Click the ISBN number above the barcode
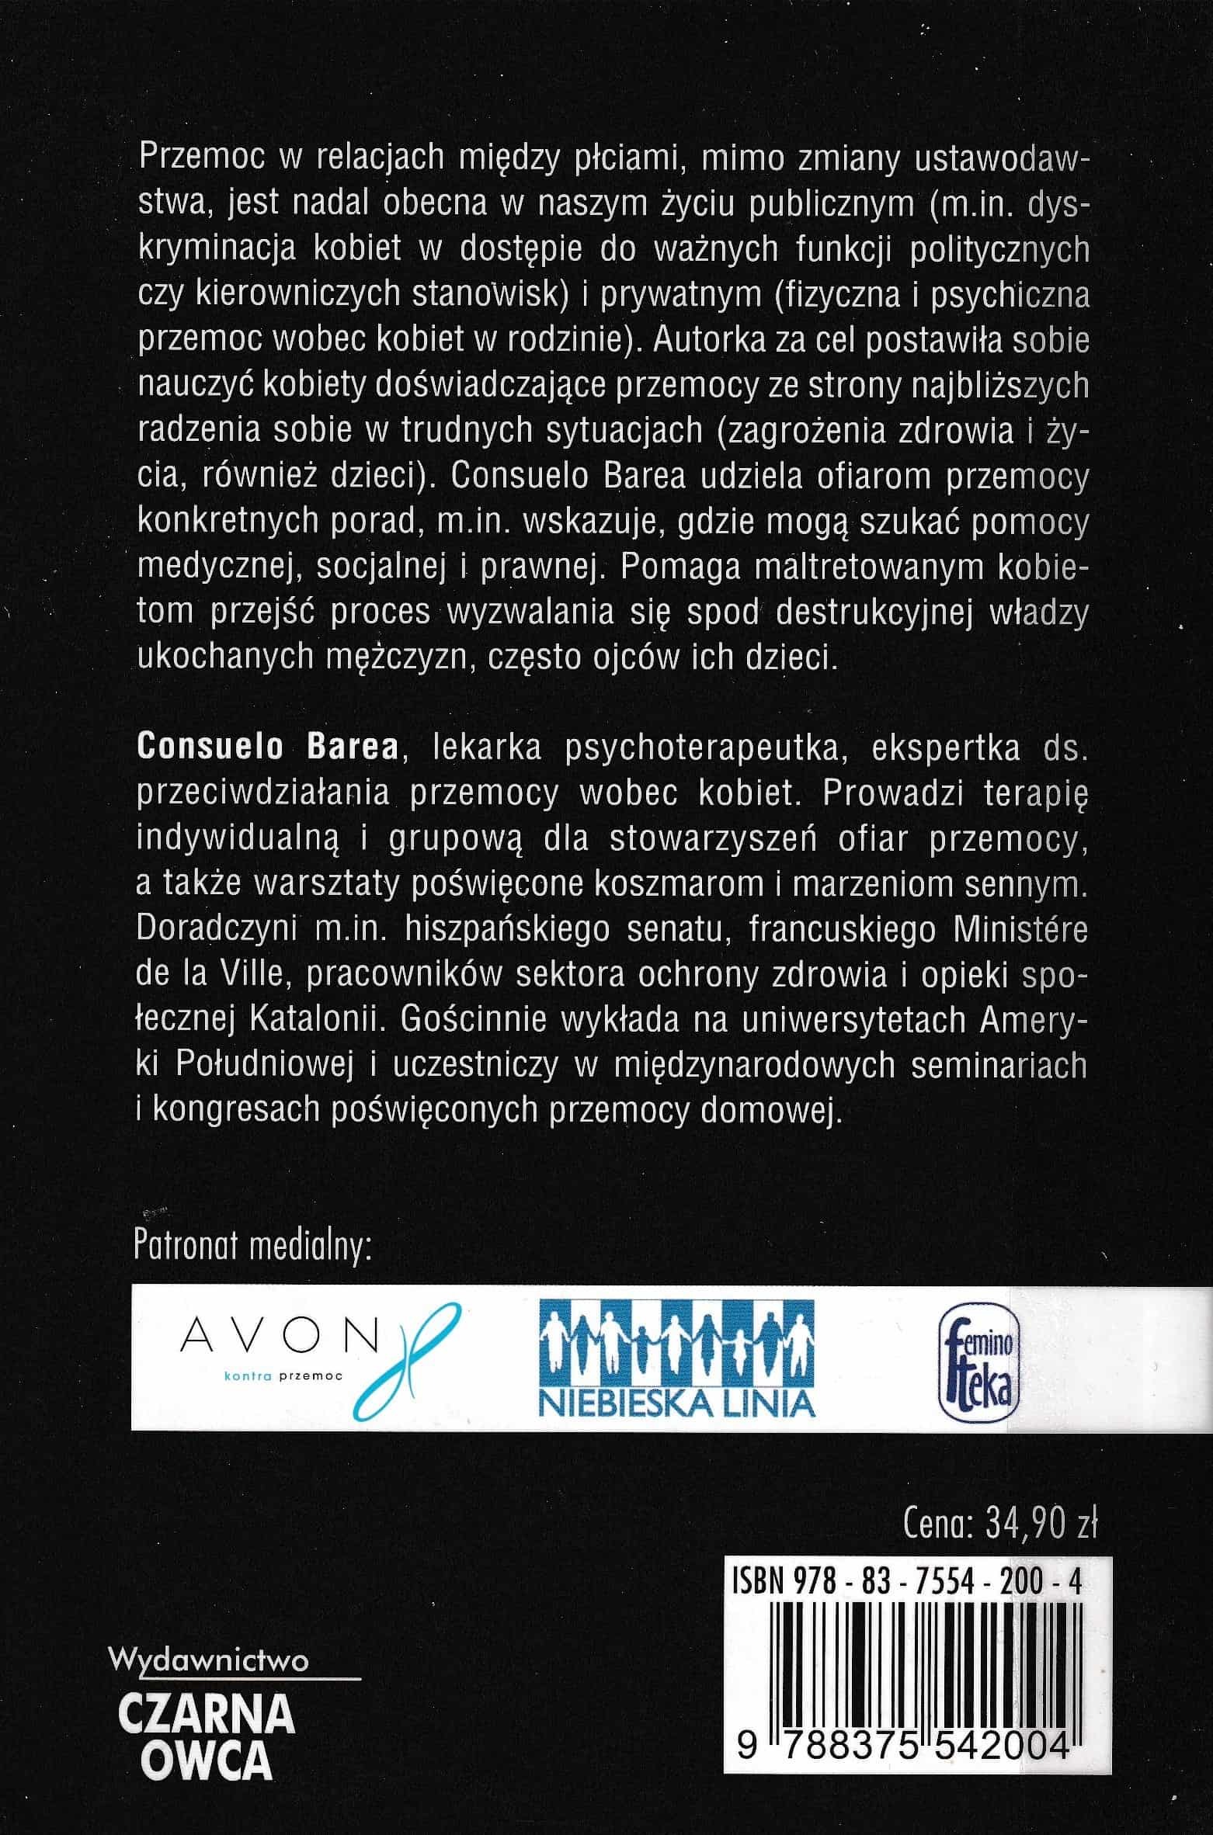pos(906,1582)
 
